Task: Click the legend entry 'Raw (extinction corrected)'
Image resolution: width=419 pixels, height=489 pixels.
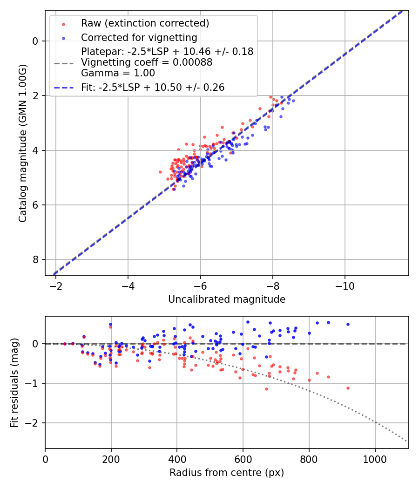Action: (145, 23)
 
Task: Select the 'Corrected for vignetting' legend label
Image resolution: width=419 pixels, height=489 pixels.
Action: (139, 37)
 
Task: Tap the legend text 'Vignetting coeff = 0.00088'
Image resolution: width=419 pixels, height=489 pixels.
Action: (147, 62)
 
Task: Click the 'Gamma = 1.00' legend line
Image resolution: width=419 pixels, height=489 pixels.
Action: (118, 73)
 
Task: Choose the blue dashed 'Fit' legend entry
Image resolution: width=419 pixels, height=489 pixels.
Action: (153, 87)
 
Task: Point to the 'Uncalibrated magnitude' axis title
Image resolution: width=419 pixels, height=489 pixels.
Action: (227, 299)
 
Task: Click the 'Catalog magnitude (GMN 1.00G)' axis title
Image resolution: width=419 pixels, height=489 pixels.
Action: (23, 143)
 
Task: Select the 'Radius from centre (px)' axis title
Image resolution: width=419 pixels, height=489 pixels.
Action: (227, 473)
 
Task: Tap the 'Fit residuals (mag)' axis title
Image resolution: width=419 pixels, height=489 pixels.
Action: (14, 382)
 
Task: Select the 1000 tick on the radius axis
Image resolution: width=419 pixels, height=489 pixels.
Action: (375, 457)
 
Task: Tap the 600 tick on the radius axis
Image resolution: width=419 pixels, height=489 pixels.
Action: (243, 457)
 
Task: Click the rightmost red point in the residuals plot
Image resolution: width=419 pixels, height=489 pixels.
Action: (347, 388)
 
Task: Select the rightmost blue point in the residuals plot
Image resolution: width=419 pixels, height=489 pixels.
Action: (347, 324)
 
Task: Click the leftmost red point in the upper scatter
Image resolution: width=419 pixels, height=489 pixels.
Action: (160, 172)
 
